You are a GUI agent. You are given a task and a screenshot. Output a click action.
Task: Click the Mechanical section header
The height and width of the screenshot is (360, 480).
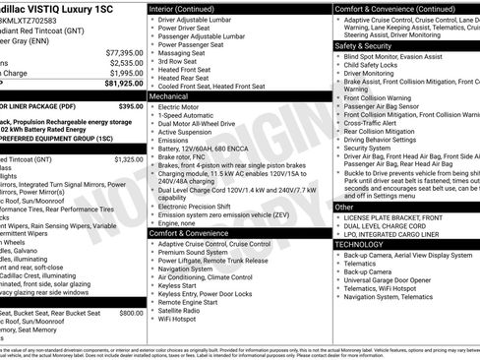click(168, 96)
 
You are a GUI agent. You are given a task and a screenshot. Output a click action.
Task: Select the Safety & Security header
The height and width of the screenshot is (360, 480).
click(364, 45)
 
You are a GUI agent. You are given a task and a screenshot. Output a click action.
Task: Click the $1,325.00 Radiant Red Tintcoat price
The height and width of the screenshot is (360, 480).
click(128, 158)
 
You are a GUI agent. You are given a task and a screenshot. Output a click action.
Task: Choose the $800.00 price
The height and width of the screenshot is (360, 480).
click(131, 312)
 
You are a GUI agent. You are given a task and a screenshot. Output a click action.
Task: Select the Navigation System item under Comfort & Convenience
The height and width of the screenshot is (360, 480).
click(192, 269)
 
